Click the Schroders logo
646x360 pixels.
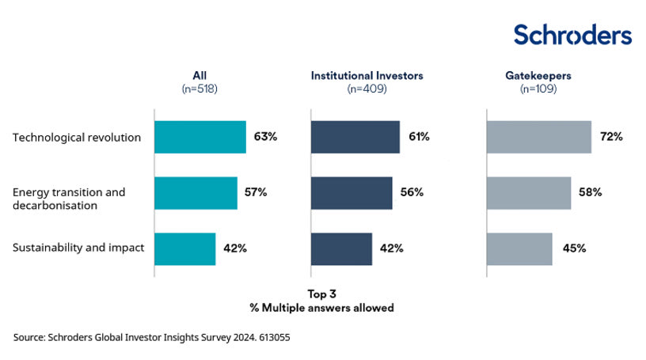click(572, 35)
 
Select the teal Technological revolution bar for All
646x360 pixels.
click(200, 137)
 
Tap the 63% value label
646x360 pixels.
click(265, 137)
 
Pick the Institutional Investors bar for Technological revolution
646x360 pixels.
click(355, 137)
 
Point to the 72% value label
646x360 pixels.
click(611, 137)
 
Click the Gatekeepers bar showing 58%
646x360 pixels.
click(528, 193)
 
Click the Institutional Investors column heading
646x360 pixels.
click(367, 76)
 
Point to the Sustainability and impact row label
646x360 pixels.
click(78, 248)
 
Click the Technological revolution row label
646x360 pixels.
click(77, 137)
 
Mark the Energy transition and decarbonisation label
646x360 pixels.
click(69, 199)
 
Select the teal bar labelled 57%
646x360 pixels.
click(196, 193)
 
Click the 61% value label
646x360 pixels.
click(419, 137)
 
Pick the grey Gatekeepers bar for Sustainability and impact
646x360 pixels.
click(519, 248)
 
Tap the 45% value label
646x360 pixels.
click(575, 248)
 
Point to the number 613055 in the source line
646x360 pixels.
click(275, 337)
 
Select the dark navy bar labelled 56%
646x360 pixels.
click(351, 193)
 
